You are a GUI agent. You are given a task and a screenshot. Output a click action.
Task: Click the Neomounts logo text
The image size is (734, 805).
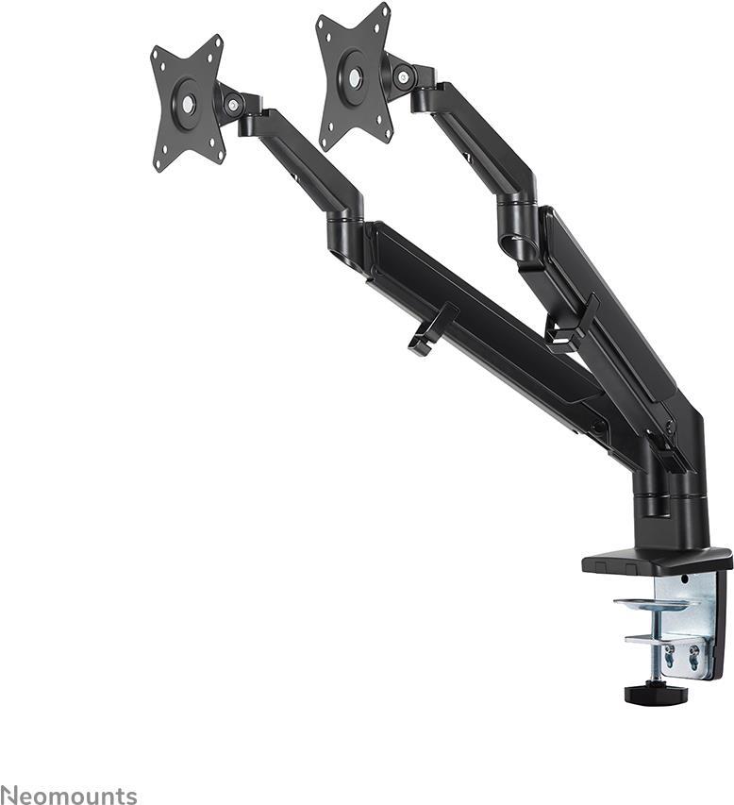pos(68,796)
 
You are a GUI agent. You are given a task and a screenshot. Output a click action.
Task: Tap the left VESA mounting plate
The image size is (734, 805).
pos(188,103)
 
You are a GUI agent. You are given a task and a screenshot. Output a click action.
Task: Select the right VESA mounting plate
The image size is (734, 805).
pos(355,76)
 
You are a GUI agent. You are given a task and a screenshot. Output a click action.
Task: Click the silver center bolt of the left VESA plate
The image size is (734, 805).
pos(189,104)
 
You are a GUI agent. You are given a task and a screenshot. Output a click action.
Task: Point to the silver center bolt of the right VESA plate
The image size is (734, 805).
pos(355,77)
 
